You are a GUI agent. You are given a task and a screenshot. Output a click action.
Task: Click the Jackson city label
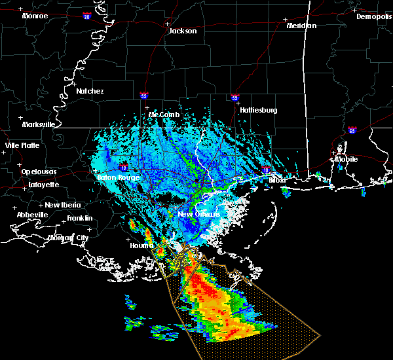[182, 31]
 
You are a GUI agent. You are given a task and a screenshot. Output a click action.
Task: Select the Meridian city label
[301, 26]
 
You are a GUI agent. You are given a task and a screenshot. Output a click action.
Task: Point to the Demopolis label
[373, 17]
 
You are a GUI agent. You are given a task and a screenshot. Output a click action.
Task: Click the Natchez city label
[90, 91]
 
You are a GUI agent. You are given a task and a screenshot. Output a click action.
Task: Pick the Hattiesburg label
[258, 110]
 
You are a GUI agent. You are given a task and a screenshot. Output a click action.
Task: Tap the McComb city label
[164, 115]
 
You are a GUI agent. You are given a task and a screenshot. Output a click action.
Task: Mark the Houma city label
[141, 245]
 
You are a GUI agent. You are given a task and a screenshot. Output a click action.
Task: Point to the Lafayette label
[44, 185]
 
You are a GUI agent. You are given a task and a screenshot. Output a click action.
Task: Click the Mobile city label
[347, 159]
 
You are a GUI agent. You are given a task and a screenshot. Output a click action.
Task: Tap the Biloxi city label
[278, 179]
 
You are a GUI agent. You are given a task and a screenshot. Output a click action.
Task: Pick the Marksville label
[38, 124]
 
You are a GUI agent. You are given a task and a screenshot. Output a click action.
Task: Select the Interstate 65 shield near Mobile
[352, 130]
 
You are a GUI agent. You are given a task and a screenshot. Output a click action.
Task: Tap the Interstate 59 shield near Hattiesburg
[234, 98]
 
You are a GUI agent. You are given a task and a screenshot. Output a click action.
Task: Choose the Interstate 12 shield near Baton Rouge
[123, 168]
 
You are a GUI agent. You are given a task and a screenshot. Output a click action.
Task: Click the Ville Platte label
[22, 145]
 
